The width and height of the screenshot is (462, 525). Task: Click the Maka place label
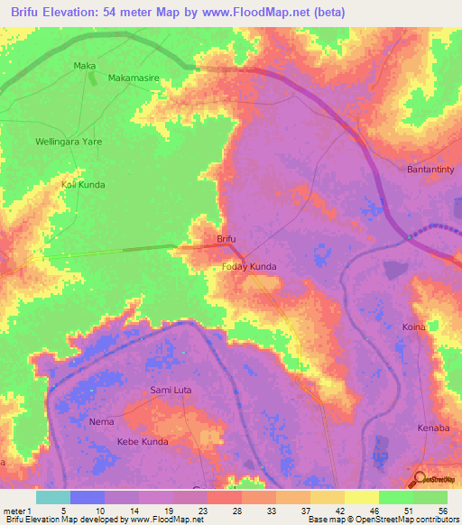coord(85,66)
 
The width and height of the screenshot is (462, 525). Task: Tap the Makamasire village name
coord(134,78)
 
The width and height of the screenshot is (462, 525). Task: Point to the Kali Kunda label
coord(83,185)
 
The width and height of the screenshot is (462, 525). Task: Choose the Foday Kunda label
coord(249,267)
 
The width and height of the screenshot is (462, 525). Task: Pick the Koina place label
coord(413,327)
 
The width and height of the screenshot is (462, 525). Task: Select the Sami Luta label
coord(171,390)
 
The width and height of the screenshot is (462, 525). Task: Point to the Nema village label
coord(101,421)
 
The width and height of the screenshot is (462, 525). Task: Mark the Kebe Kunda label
coord(143,442)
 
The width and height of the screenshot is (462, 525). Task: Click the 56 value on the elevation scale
coord(442,511)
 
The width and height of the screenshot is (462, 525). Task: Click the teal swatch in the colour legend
coord(53,497)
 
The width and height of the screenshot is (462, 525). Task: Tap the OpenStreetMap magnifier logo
coord(420,479)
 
